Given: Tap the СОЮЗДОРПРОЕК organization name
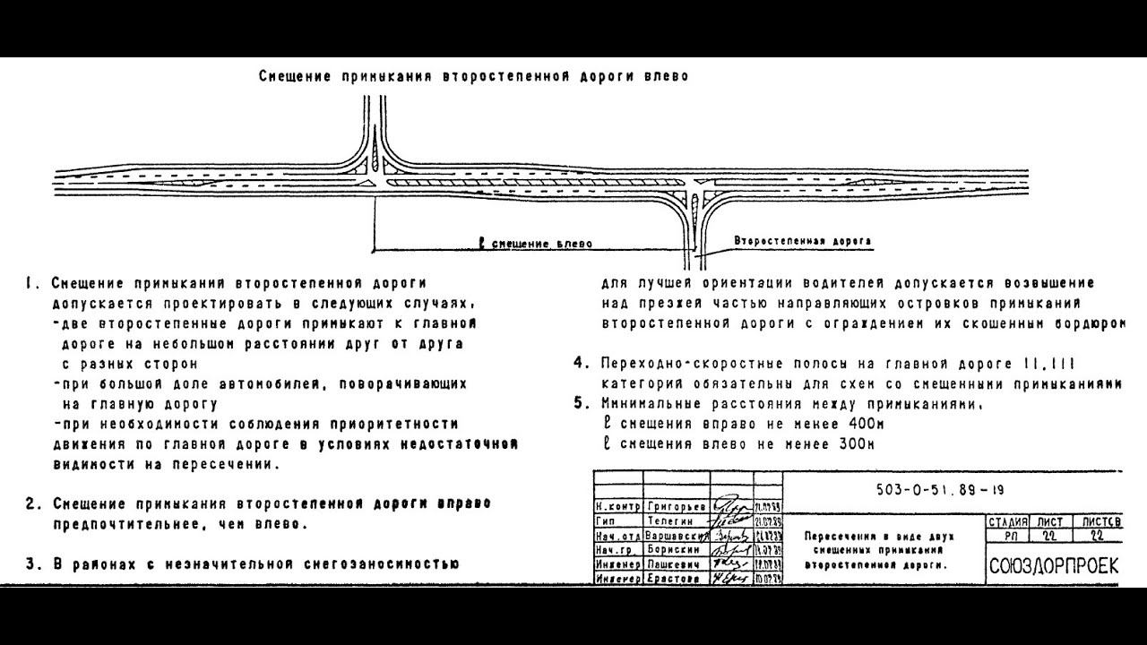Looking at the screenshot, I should [x=1054, y=566].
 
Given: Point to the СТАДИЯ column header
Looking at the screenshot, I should [x=1006, y=521].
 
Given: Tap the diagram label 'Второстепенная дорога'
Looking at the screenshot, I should [x=802, y=241].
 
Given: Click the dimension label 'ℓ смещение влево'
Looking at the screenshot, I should [x=536, y=243].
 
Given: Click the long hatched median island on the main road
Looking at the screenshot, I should [x=529, y=183].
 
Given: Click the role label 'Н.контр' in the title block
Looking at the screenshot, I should [x=617, y=506].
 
